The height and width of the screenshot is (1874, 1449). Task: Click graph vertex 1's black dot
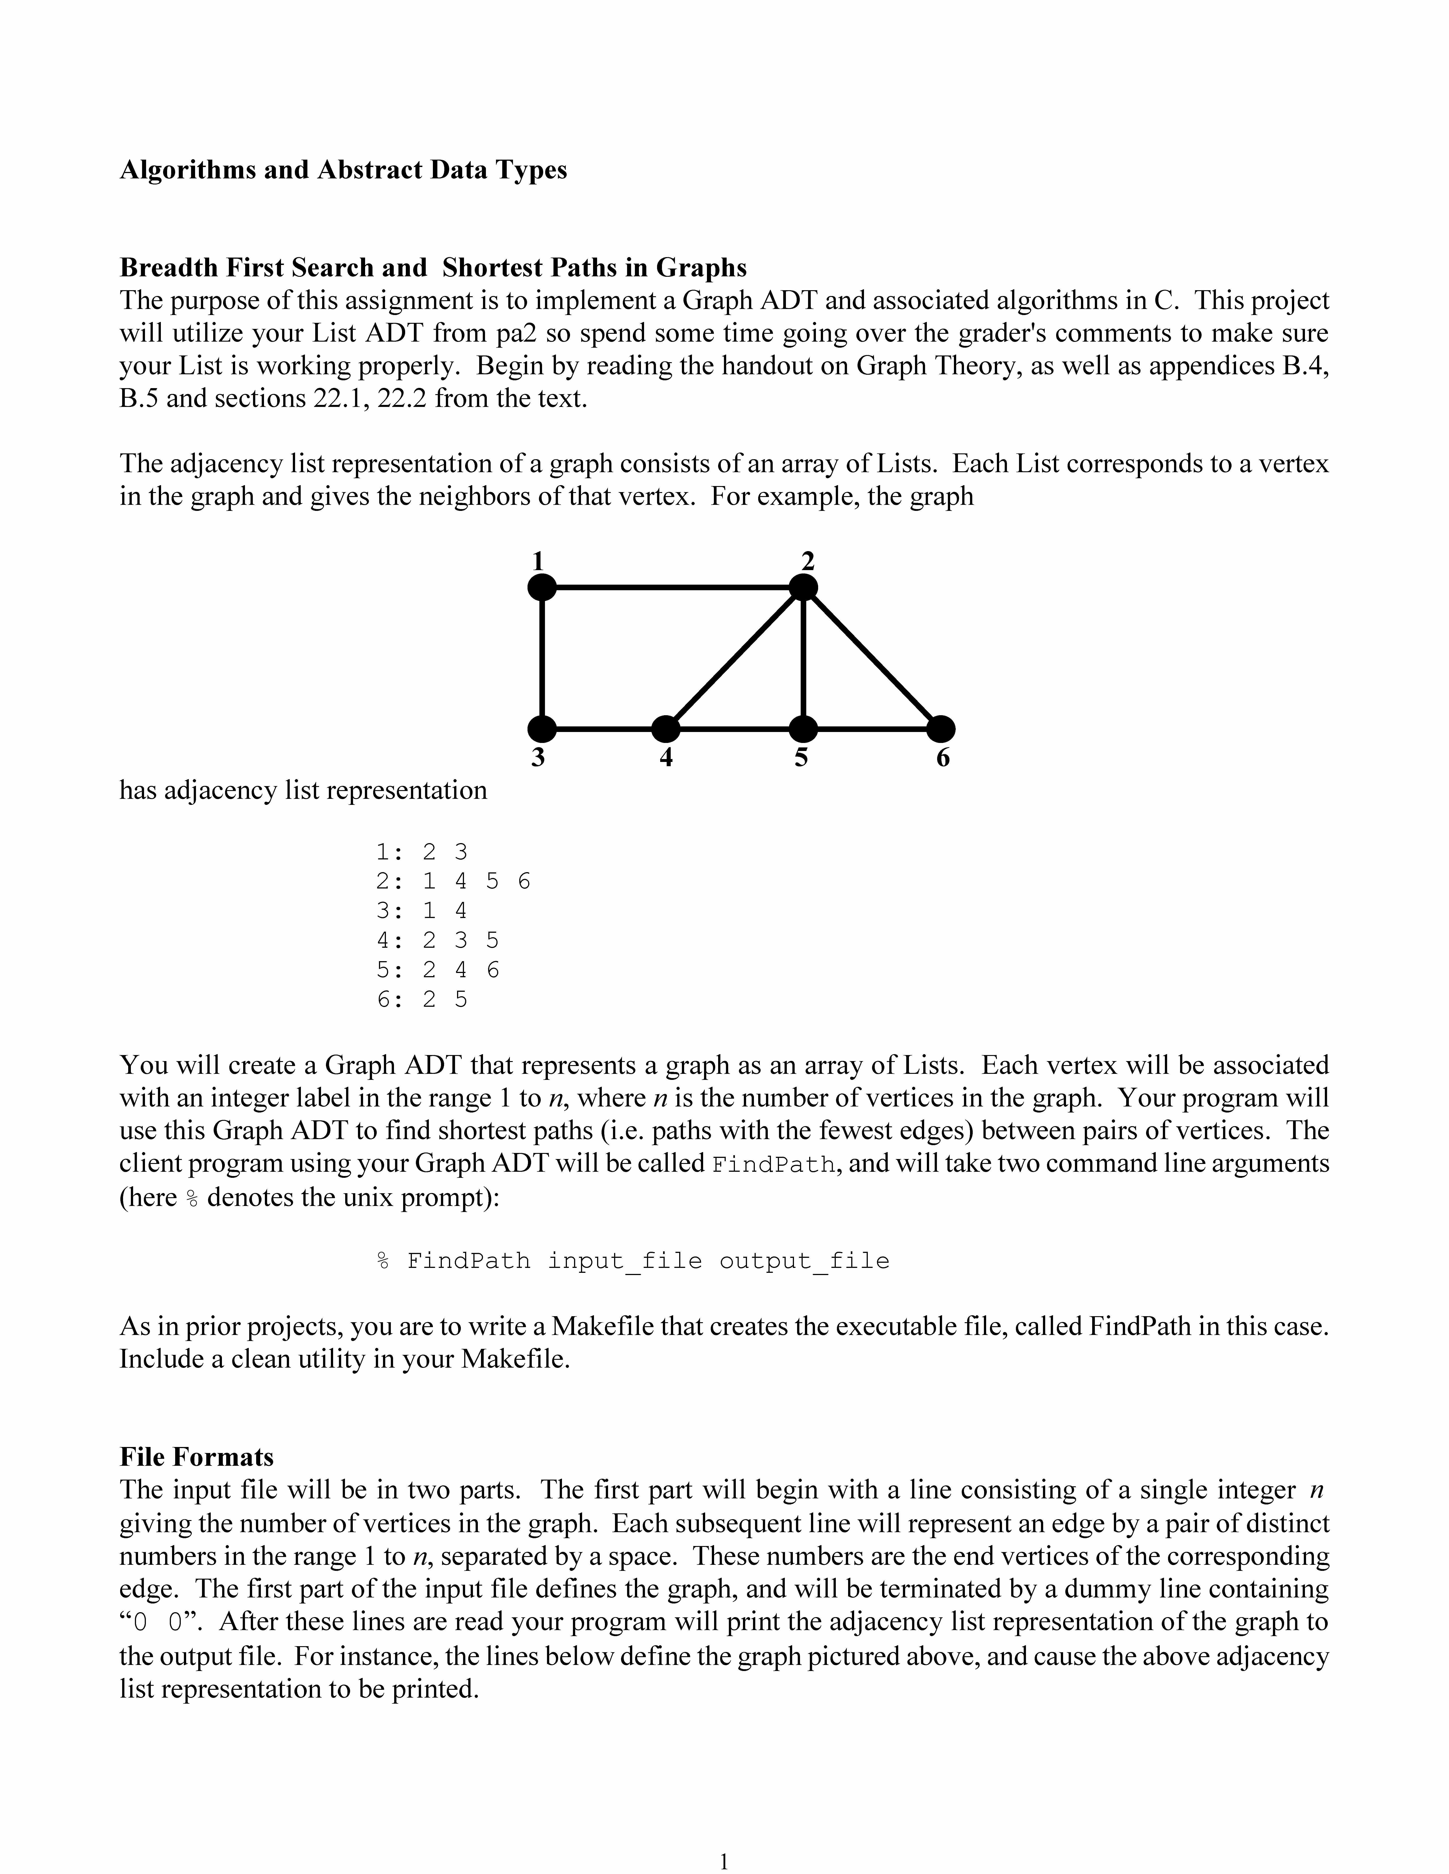(542, 588)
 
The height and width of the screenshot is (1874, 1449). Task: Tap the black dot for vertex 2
(804, 588)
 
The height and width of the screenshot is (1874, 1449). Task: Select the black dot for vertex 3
(542, 729)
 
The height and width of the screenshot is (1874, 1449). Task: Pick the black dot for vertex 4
(666, 729)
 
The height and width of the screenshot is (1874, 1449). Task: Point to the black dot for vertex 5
(804, 729)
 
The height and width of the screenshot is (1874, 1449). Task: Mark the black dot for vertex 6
(942, 729)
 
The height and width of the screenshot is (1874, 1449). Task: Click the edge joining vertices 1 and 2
(672, 588)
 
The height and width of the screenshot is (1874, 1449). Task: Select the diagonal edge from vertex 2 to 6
(872, 658)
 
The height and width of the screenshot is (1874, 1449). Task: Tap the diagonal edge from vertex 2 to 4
(735, 658)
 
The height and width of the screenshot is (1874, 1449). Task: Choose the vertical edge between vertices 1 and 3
(542, 658)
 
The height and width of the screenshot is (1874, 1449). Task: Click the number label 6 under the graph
(943, 759)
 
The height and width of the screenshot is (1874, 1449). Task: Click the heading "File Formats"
(197, 1457)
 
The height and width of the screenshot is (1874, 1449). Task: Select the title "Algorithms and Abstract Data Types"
(343, 170)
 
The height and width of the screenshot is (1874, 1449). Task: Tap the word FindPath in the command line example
(469, 1261)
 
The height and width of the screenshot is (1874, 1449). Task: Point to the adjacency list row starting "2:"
(453, 881)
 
